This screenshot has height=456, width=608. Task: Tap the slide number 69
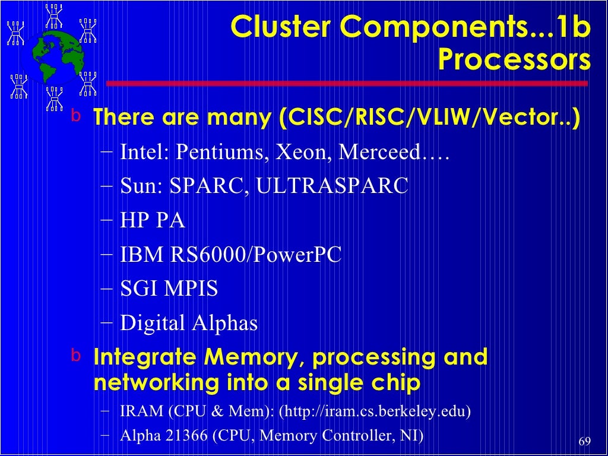tap(584, 442)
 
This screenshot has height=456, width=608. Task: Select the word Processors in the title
tap(514, 60)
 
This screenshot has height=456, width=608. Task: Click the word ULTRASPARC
tap(332, 186)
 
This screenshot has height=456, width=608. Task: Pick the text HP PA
tap(153, 221)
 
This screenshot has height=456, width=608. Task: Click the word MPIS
tap(191, 289)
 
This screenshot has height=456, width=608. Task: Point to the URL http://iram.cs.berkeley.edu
tap(374, 411)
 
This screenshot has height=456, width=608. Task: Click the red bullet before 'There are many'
tap(75, 116)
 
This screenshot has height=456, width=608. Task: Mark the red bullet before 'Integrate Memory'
tap(75, 356)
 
